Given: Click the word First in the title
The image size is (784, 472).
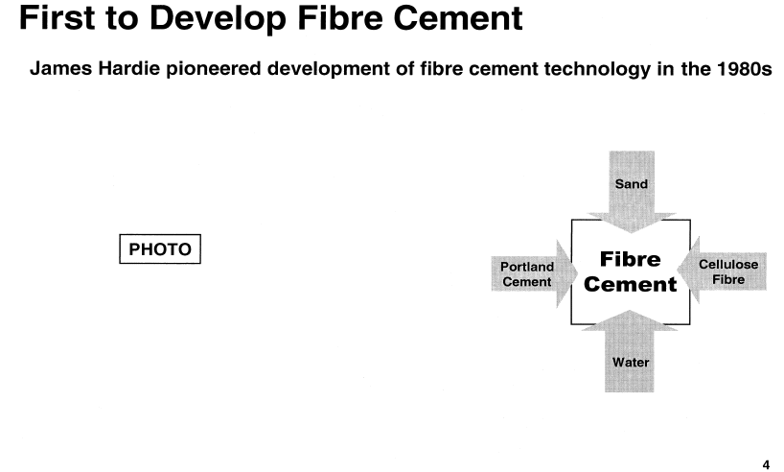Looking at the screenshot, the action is [x=57, y=18].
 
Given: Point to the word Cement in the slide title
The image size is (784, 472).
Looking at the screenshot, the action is [x=457, y=18].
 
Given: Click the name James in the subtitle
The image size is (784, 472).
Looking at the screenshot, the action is [x=61, y=68].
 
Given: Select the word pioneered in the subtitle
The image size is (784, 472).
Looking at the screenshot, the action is [x=214, y=69].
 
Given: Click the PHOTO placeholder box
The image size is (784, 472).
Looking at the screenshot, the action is [x=160, y=248].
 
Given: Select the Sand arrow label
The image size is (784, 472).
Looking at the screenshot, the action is [x=631, y=184].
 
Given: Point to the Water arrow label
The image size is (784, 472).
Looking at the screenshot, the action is [x=631, y=362].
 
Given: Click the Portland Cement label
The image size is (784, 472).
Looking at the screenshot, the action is [x=527, y=274].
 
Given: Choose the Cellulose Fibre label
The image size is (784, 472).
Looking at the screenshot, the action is [x=728, y=271].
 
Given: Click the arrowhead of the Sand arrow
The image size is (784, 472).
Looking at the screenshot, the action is [x=631, y=223].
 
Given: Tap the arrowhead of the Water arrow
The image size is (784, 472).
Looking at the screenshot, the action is [x=630, y=320].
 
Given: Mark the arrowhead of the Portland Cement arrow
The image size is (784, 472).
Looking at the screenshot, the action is [x=567, y=273].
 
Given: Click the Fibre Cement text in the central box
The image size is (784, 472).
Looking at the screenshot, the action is [x=630, y=271].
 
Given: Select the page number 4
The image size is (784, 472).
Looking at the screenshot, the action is [x=766, y=464].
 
